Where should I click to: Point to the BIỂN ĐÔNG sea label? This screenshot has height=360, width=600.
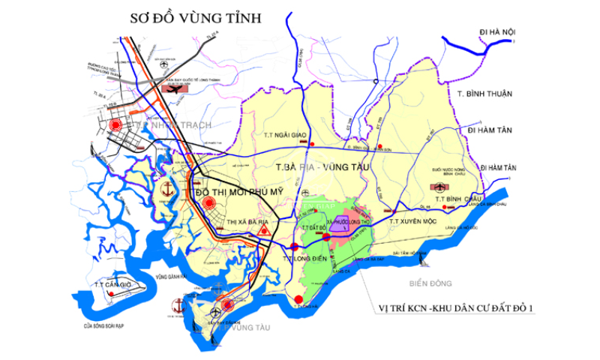tap(427, 283)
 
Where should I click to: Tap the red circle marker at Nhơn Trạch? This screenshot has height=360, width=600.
tap(115, 125)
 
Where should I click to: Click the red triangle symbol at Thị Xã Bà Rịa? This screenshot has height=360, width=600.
tap(262, 232)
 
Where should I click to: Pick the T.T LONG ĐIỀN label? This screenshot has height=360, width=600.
tap(304, 258)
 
